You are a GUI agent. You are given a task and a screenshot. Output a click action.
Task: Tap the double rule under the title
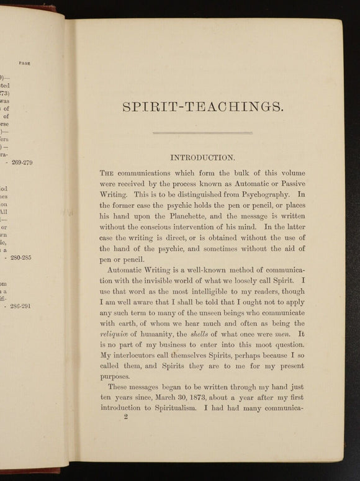(x=202, y=132)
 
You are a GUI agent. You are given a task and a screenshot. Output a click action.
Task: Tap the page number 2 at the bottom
(x=125, y=420)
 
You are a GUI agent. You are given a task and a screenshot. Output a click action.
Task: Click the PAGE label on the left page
(x=25, y=63)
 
